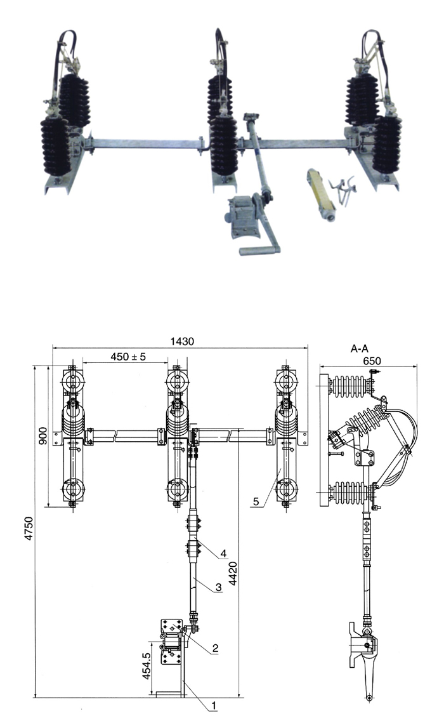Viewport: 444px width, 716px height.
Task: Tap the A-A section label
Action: coord(360,348)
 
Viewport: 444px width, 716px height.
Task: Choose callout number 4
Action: coord(223,554)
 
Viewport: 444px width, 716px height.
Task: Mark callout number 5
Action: coord(256,501)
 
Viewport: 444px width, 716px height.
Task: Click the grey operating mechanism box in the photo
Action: coord(242,213)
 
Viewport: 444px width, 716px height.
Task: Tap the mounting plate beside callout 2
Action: coord(171,642)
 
